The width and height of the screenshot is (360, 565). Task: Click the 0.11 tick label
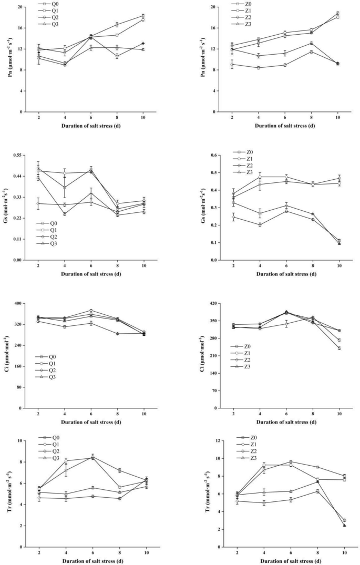click(x=21, y=239)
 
